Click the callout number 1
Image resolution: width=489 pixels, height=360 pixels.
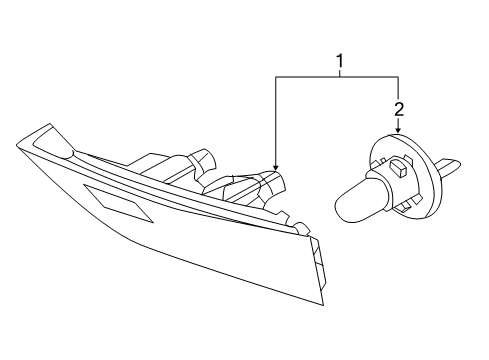pyautogui.click(x=340, y=61)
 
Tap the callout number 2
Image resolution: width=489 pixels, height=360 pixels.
pyautogui.click(x=399, y=109)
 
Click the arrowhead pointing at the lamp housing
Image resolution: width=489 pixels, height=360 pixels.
pyautogui.click(x=275, y=167)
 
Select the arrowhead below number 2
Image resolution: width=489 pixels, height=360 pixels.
pyautogui.click(x=398, y=130)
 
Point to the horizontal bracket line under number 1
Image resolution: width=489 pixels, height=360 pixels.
pyautogui.click(x=337, y=77)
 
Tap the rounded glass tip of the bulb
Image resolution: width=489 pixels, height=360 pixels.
pyautogui.click(x=341, y=207)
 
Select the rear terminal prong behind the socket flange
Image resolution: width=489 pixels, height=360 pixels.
pyautogui.click(x=450, y=166)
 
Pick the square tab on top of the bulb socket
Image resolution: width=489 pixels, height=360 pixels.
pyautogui.click(x=398, y=167)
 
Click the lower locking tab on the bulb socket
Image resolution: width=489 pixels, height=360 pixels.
pyautogui.click(x=406, y=207)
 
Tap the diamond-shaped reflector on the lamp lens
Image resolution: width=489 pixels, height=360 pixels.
pyautogui.click(x=118, y=203)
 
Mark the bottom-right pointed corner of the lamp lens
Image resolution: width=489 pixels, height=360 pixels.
pyautogui.click(x=323, y=305)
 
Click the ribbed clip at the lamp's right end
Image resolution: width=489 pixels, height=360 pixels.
pyautogui.click(x=319, y=262)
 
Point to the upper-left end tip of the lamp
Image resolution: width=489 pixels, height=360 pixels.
pyautogui.click(x=17, y=145)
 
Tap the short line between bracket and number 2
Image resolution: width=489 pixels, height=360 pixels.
pyautogui.click(x=398, y=89)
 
